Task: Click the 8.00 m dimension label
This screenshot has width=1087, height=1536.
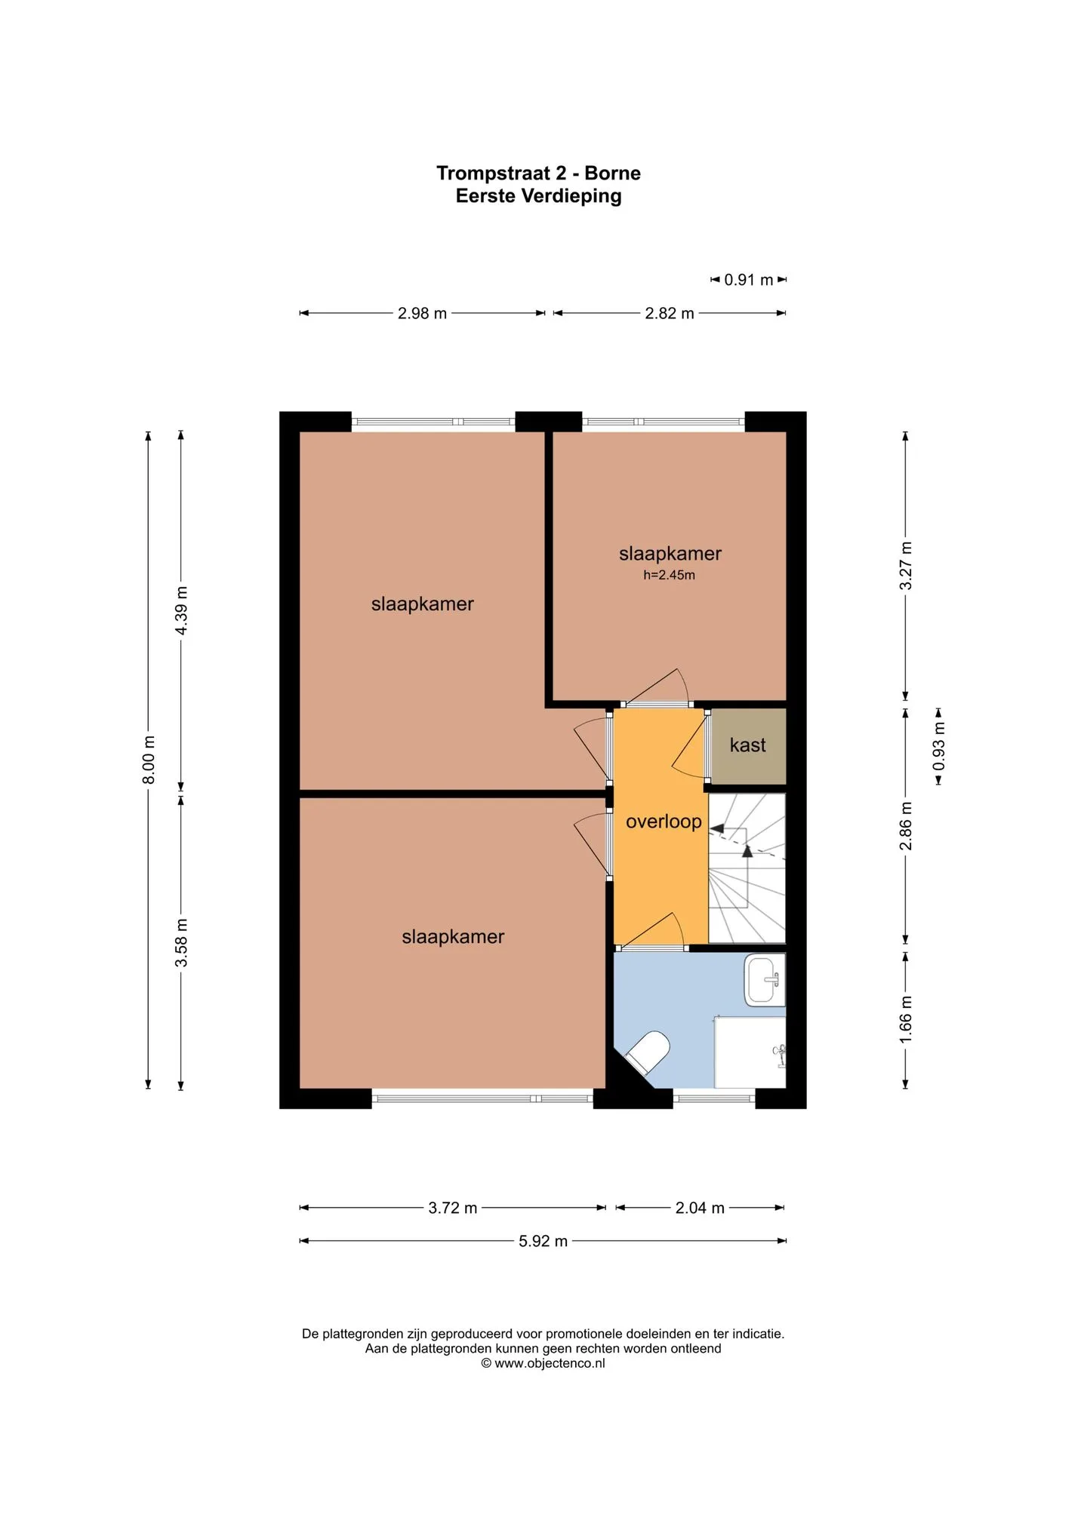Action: (x=149, y=759)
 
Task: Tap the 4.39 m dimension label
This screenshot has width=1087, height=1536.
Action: (x=182, y=610)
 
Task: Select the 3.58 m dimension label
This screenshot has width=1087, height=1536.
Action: (x=182, y=943)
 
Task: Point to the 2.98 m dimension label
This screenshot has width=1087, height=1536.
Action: (x=423, y=313)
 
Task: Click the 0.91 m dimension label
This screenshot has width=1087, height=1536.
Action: (x=749, y=280)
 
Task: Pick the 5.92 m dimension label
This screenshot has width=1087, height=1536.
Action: (x=543, y=1241)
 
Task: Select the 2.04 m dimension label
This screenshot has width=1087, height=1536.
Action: (x=700, y=1208)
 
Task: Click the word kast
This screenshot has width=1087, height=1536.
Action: (x=748, y=745)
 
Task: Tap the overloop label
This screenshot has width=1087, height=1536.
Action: (x=664, y=822)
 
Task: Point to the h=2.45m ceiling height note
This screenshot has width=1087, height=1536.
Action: (x=670, y=575)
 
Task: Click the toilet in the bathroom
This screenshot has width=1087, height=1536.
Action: (x=648, y=1052)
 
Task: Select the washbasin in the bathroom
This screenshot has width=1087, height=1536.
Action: (x=765, y=980)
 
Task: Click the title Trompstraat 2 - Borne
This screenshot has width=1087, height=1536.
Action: (x=539, y=173)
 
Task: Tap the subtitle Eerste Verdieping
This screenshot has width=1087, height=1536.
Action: (x=539, y=196)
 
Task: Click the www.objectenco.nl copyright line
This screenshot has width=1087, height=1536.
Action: (x=543, y=1363)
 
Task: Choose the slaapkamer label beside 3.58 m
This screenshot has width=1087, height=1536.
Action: (x=453, y=937)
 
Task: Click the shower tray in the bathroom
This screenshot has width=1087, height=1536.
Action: (x=750, y=1052)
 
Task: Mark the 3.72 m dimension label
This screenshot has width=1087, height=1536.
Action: (x=453, y=1208)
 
